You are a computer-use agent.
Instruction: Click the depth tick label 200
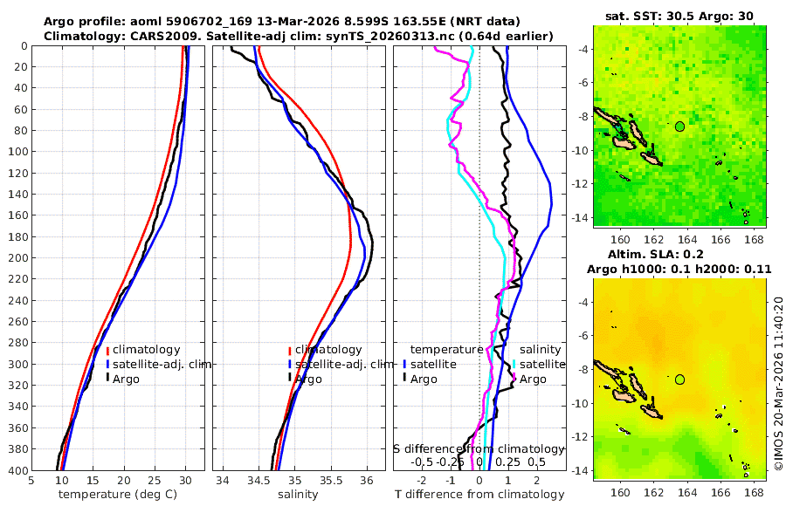click(17, 258)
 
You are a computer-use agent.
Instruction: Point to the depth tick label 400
click(17, 470)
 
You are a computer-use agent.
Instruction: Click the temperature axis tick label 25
click(155, 480)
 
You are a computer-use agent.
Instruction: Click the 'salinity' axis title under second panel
click(298, 495)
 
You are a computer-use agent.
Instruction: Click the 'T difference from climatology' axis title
click(479, 495)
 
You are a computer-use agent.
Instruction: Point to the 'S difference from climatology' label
click(479, 448)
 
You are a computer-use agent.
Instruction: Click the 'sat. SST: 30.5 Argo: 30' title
click(679, 16)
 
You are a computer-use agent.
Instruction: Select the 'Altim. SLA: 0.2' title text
click(679, 255)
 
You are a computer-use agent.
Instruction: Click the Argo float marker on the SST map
click(679, 126)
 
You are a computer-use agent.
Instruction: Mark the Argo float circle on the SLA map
click(679, 379)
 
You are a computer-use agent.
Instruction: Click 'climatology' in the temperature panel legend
click(146, 350)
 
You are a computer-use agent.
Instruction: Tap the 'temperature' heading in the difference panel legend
click(446, 350)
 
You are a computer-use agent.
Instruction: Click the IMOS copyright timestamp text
click(778, 384)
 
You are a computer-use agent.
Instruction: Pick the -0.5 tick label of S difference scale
click(422, 462)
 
